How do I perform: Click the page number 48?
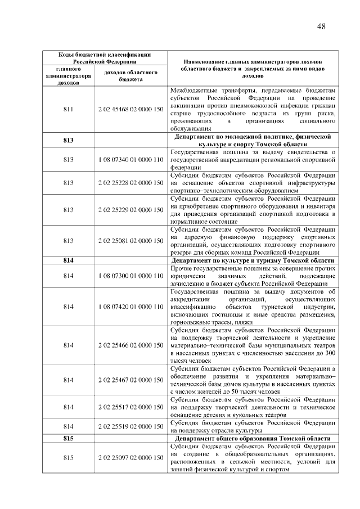(321, 26)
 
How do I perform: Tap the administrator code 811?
(69, 109)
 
